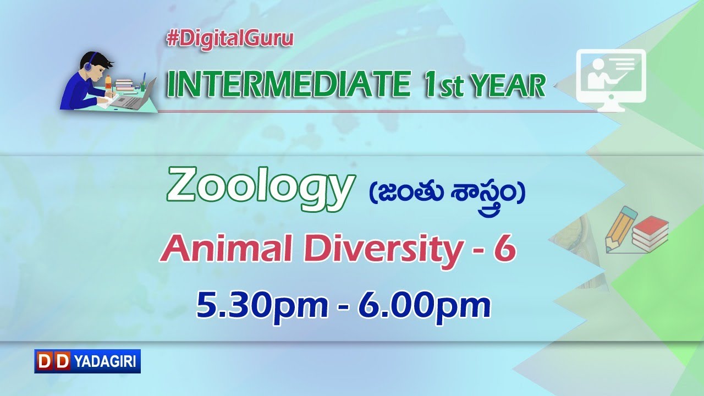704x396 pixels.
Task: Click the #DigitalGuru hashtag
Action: [x=229, y=39]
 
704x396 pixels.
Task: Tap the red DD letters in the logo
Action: [x=53, y=361]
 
